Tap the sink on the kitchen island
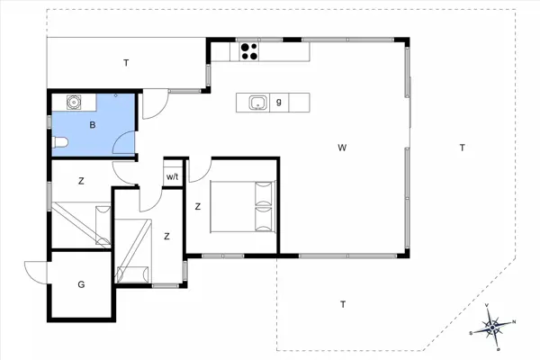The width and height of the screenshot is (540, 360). coord(258,102)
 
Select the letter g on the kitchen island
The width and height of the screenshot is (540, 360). coord(279,102)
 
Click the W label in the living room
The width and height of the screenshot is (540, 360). coord(342,147)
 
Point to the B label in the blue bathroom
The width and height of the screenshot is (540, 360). coord(92,125)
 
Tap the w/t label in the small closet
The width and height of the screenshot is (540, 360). coord(173,176)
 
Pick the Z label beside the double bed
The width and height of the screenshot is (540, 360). coord(197,206)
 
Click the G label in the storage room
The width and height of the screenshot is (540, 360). coord(81,284)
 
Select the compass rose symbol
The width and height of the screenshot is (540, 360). coord(493,326)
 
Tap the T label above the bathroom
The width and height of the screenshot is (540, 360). coord(126,62)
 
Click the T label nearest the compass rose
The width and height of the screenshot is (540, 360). coord(343,304)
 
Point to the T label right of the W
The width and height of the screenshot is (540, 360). coord(461,147)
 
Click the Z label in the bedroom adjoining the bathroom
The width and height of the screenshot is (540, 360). coord(81,181)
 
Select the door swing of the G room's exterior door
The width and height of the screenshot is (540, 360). coord(36,270)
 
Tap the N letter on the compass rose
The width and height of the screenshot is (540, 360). coord(514,321)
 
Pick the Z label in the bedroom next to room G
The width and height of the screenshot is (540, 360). coord(166,236)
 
